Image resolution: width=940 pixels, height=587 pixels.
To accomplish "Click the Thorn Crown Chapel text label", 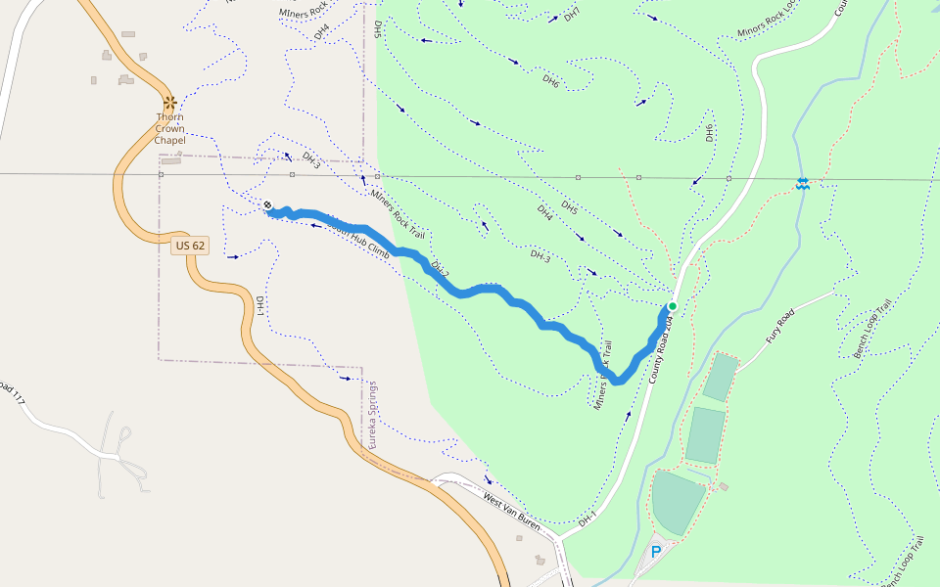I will [x=169, y=128].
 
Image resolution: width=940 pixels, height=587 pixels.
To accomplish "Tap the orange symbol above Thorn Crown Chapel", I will [x=169, y=102].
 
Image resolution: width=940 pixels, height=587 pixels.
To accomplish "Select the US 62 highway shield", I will [x=190, y=246].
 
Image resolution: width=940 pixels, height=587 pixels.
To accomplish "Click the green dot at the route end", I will [x=673, y=305].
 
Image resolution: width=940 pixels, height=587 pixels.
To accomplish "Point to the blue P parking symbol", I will [x=656, y=552].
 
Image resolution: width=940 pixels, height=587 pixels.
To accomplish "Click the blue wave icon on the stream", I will [x=802, y=184].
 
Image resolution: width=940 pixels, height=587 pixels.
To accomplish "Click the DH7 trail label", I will [x=572, y=14].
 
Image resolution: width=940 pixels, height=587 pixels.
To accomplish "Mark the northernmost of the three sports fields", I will [x=720, y=378].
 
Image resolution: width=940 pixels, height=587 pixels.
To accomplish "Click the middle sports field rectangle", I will [x=705, y=434].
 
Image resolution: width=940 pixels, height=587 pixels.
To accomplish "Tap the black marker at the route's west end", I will [x=268, y=204].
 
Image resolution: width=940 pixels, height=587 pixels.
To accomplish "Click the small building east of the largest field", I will [x=724, y=486].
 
